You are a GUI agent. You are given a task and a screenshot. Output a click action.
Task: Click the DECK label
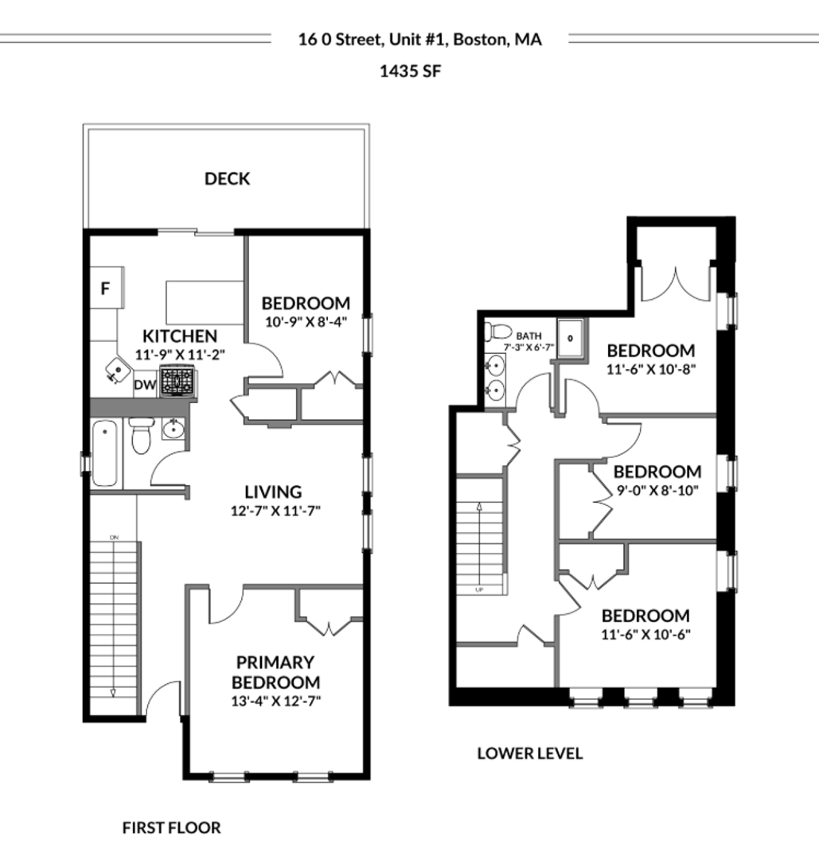click(227, 179)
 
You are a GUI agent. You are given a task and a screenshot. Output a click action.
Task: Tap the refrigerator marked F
click(107, 288)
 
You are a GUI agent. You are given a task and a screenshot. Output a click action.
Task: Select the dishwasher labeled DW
click(146, 385)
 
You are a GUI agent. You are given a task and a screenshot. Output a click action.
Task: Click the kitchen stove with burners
click(177, 380)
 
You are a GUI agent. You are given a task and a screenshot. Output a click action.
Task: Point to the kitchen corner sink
click(116, 370)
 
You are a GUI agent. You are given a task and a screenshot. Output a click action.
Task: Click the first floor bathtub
click(105, 453)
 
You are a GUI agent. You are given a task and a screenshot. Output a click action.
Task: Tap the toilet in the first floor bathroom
click(142, 436)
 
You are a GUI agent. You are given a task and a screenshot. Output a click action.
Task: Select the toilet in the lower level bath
click(497, 332)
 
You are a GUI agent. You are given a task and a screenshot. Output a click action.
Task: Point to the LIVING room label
click(273, 492)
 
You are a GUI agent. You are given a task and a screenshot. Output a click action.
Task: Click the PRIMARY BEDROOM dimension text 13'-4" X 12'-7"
click(275, 702)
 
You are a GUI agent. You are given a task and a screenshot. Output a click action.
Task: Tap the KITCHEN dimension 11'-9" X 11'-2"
click(181, 355)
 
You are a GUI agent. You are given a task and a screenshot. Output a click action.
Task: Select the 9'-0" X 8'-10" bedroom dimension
click(657, 490)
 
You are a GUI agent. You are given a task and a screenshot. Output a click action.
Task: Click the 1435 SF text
click(410, 72)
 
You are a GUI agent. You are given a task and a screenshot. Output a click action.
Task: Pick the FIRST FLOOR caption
click(172, 828)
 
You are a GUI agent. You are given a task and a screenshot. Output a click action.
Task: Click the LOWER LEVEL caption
click(529, 753)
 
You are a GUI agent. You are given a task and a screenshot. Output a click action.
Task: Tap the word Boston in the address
click(480, 40)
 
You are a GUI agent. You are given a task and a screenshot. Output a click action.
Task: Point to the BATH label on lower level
click(529, 336)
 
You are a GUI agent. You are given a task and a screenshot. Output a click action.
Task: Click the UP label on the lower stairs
click(479, 590)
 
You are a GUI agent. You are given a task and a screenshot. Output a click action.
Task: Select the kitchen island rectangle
click(205, 302)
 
